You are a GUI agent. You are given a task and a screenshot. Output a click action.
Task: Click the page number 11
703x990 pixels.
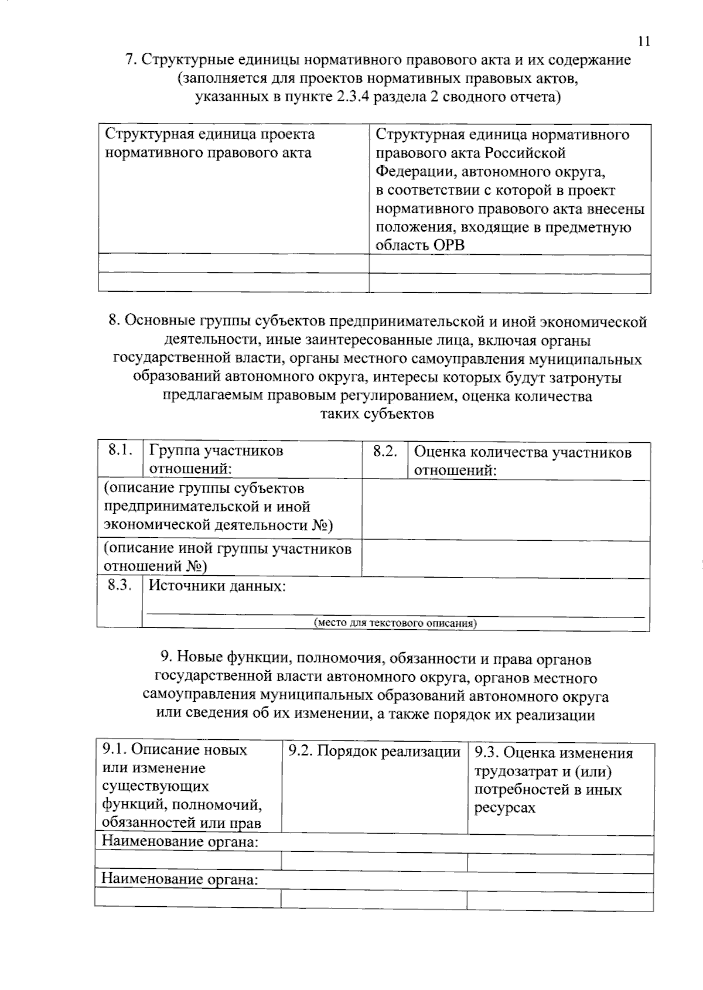point(643,41)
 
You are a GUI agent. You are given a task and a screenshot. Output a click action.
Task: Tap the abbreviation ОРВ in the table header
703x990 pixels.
point(449,245)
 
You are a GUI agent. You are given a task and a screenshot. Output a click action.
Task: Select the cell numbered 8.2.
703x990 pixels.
point(384,451)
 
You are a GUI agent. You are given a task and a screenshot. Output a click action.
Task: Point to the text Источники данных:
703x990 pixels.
point(217,586)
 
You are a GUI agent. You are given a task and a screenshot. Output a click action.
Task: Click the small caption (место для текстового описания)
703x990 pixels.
point(395,623)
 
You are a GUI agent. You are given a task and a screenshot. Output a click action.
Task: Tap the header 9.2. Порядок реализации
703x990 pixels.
point(374,752)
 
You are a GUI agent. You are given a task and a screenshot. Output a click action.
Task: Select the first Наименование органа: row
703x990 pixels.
point(180,842)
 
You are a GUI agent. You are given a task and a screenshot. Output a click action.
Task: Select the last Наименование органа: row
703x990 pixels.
point(180,879)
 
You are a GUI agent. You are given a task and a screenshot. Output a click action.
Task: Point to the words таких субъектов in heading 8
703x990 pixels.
point(377,415)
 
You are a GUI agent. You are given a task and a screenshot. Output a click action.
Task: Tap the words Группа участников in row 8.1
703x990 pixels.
point(216,450)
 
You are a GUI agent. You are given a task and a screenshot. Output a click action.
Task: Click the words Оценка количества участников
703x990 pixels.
point(523,452)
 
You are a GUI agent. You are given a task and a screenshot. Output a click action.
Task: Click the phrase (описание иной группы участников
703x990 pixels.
point(227,548)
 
